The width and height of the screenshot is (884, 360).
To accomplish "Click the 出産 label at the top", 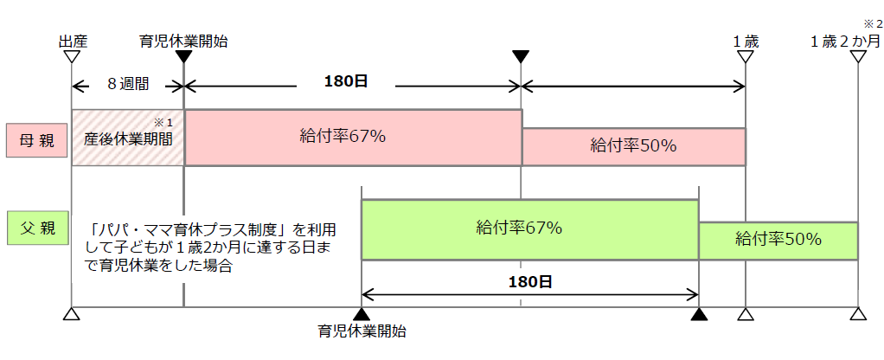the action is point(73,42).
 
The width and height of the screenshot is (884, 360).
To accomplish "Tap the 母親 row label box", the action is point(37,140).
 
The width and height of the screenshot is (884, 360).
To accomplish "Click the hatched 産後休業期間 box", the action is point(128,138).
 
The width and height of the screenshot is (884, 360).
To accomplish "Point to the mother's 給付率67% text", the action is point(343,137).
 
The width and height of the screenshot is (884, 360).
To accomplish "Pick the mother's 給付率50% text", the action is point(633,145).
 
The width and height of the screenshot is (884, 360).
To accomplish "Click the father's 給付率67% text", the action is point(519,228).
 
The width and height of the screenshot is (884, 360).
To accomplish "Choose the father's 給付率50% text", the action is point(778,239).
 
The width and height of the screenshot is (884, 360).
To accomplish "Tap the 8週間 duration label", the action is point(128,85).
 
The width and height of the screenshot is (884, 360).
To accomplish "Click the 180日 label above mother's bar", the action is point(346,81).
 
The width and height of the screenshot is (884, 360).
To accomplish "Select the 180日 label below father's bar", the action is point(530,282).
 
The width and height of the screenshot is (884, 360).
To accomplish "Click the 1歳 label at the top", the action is point(746,42).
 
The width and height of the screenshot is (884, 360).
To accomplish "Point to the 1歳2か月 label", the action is point(845,42).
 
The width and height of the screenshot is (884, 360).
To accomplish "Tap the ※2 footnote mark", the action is point(873,23).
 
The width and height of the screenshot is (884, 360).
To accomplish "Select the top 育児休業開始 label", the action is point(183,42).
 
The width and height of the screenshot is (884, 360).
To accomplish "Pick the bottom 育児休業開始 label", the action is point(362,331).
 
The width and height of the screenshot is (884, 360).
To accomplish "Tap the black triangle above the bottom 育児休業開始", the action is point(362,314).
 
